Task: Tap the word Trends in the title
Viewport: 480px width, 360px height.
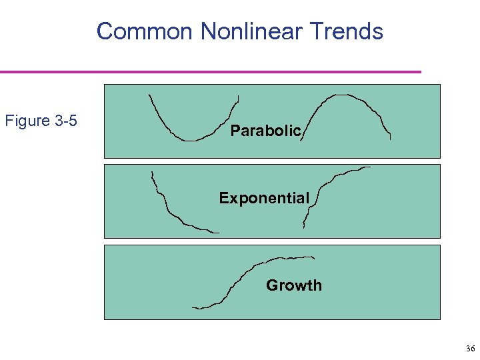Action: pos(351,31)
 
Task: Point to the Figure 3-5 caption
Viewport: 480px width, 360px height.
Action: pos(41,121)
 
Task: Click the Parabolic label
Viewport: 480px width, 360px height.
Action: pos(266,131)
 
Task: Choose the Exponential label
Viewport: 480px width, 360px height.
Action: pos(264,198)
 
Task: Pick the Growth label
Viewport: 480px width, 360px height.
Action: pos(293,285)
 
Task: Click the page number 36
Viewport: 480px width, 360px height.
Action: pos(470,349)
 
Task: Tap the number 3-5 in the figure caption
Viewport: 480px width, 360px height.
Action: pos(66,121)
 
